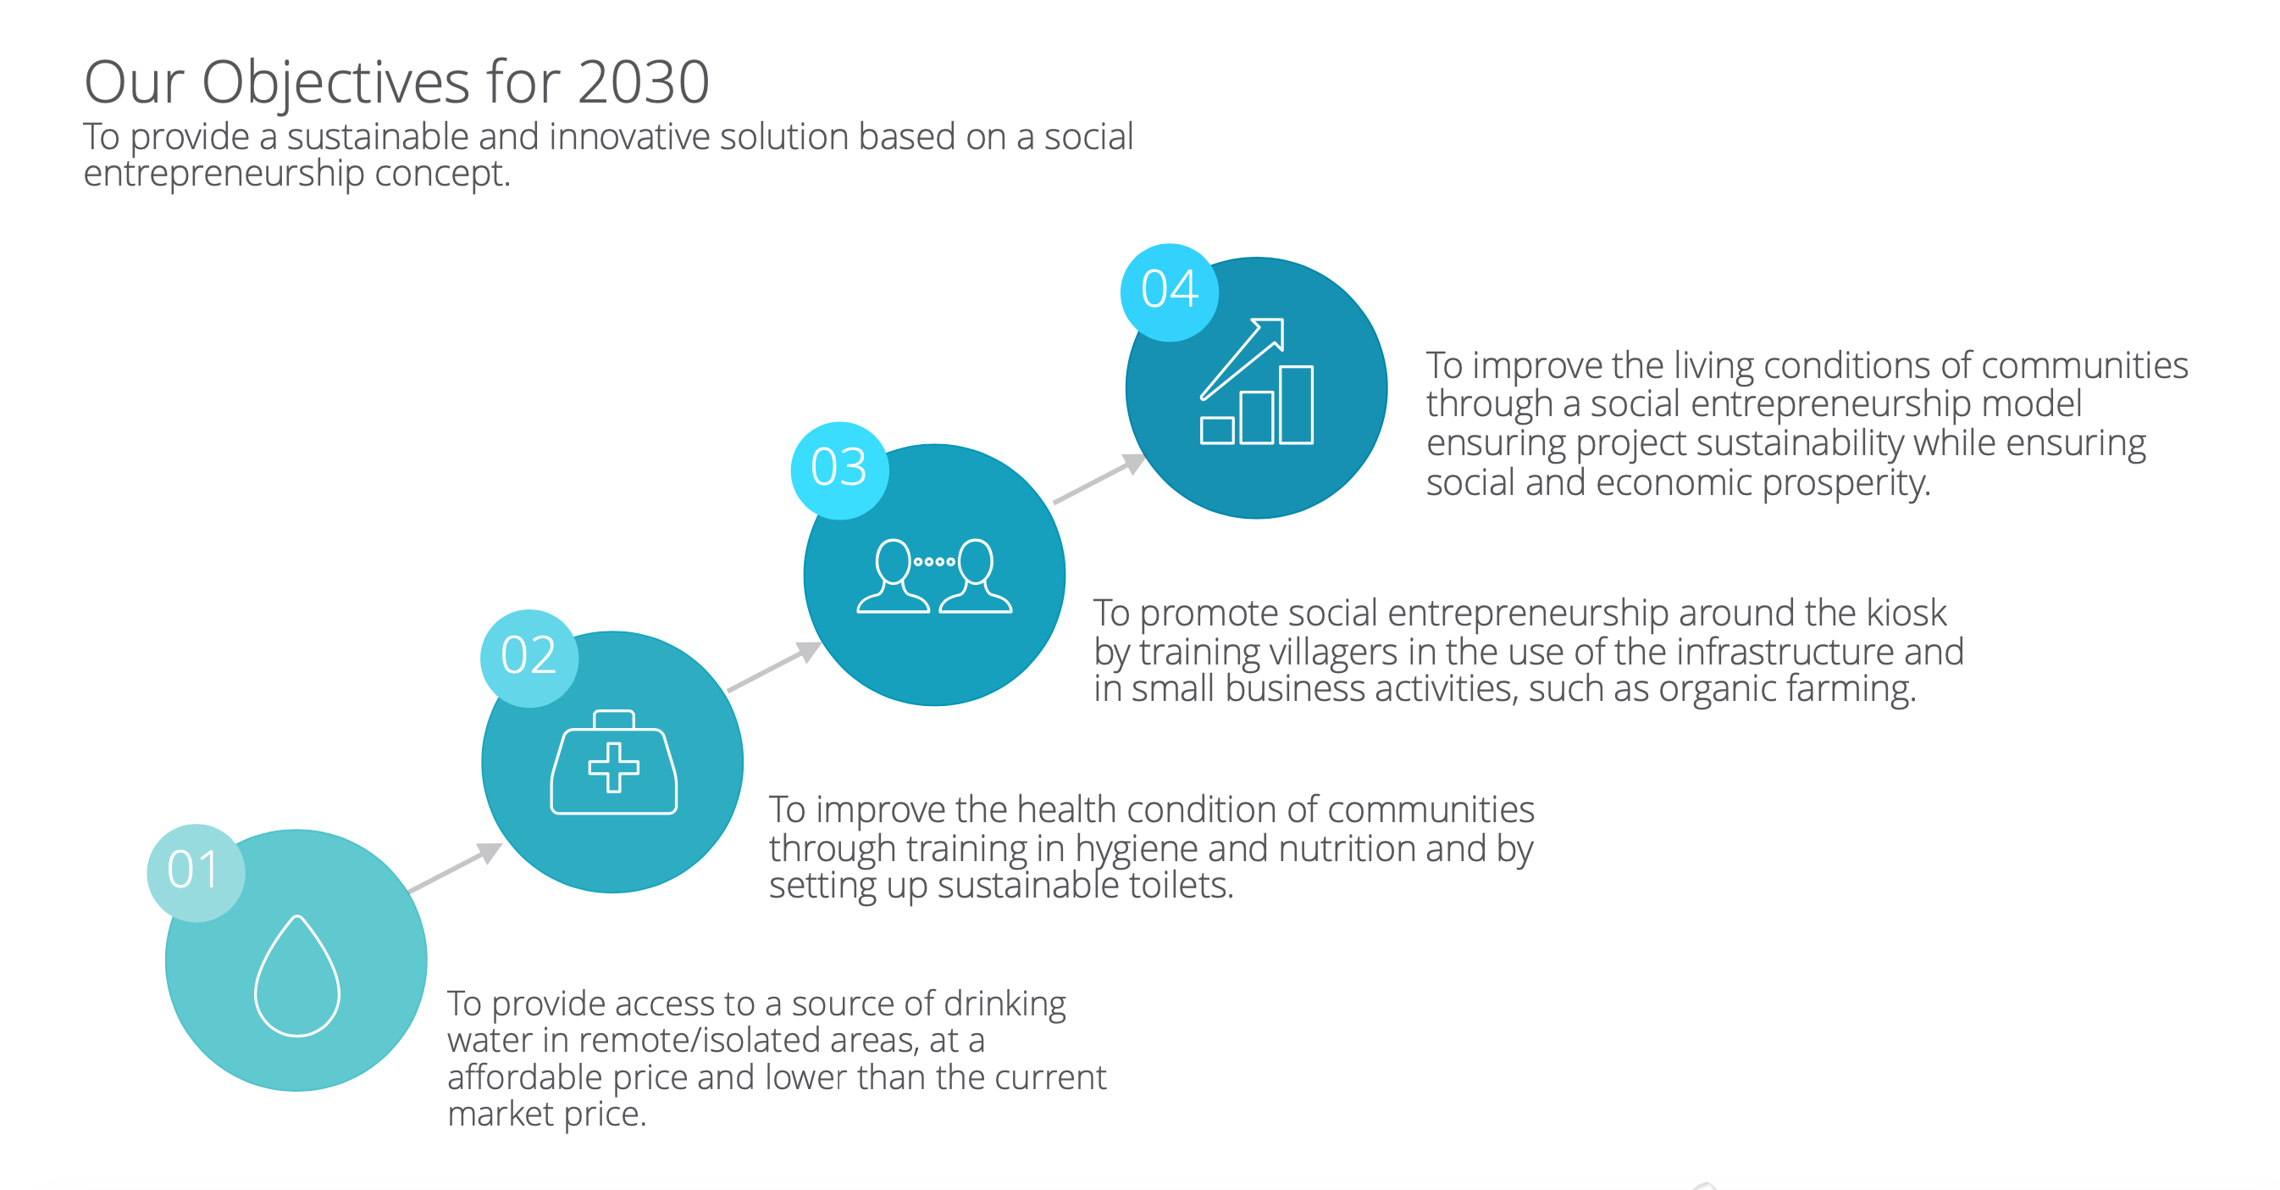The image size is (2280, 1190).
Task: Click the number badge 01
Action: tap(196, 872)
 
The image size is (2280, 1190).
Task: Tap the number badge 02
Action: tap(529, 658)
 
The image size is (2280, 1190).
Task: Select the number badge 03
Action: tap(840, 470)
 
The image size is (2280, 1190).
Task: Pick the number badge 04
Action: tap(1169, 292)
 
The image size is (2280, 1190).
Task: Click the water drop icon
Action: tap(297, 975)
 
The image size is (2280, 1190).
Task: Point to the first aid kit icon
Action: tap(613, 761)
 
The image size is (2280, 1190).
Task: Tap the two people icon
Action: tap(934, 576)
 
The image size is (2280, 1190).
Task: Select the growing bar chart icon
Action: tap(1256, 381)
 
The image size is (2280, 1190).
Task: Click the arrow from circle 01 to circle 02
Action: tap(455, 868)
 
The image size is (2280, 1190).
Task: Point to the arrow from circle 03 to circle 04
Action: tap(1099, 478)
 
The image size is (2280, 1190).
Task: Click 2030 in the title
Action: tap(644, 82)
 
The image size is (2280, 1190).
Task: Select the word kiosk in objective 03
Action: tap(1906, 612)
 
